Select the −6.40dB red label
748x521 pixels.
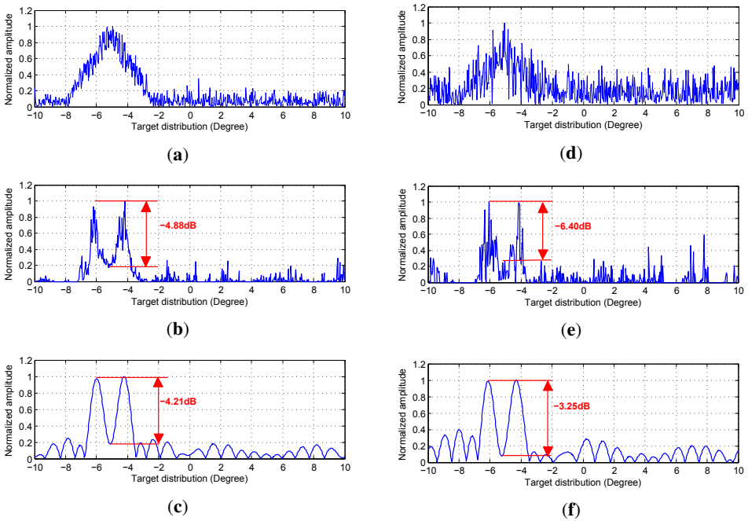pos(573,226)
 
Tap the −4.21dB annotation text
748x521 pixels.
pos(178,402)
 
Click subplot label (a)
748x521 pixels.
pos(178,155)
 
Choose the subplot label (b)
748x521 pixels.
pos(178,328)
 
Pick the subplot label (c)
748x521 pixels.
pos(178,507)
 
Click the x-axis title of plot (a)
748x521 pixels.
pos(190,127)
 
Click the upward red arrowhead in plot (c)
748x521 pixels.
pos(158,383)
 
